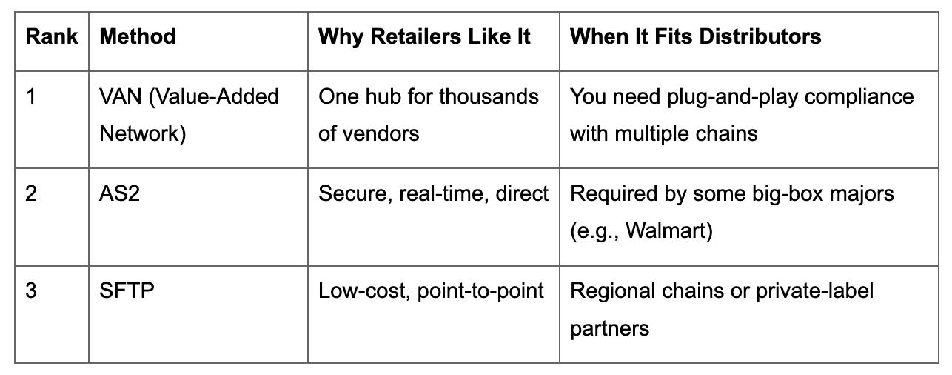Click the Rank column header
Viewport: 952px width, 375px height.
click(x=51, y=37)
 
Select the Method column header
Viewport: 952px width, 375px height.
click(x=138, y=37)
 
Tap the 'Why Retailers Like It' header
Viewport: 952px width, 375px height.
click(x=424, y=37)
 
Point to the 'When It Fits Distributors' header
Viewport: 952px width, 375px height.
click(x=695, y=37)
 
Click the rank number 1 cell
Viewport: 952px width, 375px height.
click(x=30, y=97)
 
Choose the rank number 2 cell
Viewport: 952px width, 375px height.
click(x=30, y=194)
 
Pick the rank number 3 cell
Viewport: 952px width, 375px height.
click(x=30, y=291)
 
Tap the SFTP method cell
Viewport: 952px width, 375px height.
click(x=127, y=291)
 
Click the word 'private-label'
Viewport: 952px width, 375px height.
click(x=814, y=291)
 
